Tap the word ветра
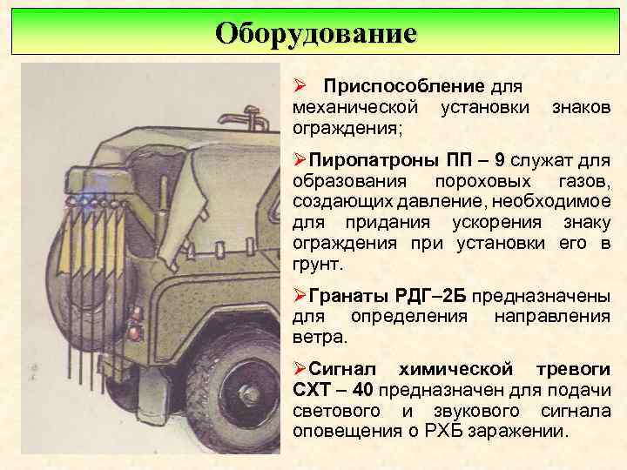pos(320,335)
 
